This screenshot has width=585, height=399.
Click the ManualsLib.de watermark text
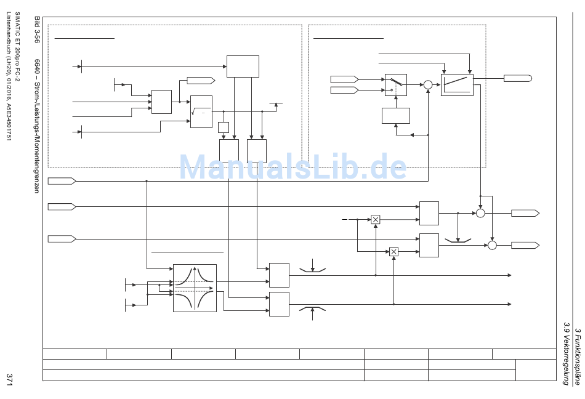coord(292,167)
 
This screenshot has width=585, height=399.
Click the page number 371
coord(9,379)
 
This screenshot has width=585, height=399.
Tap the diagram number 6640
coord(37,67)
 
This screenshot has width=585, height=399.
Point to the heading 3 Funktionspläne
coord(577,357)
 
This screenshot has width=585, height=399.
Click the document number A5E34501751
coord(9,121)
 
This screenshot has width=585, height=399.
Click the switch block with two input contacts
coord(395,85)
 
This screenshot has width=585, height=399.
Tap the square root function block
coord(201,111)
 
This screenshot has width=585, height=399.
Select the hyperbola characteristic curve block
coord(195,288)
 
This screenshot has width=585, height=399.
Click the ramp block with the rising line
coord(457,85)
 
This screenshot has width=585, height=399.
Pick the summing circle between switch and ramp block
coord(428,85)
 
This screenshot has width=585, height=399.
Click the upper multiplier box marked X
coord(375,219)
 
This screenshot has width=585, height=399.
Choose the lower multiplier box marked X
coord(393,251)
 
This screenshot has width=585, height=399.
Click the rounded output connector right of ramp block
coord(517,78)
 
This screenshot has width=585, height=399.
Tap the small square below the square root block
coord(223,127)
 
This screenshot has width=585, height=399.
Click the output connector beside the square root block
coord(201,80)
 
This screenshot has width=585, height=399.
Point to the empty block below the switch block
coord(395,116)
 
